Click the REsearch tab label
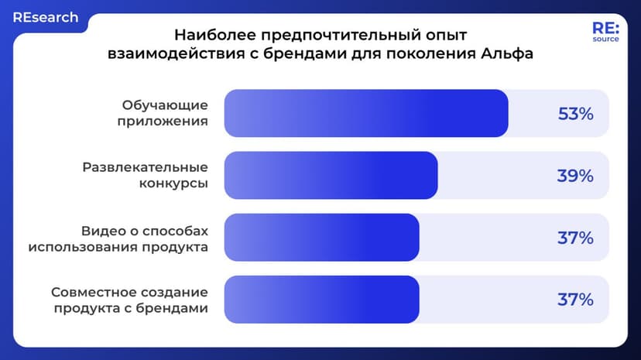[45, 17]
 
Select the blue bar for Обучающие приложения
[365, 114]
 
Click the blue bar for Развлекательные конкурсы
[331, 176]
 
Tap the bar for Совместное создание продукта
[321, 300]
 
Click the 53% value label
[575, 114]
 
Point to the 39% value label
[575, 176]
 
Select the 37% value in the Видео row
[575, 238]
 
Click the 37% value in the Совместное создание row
[575, 300]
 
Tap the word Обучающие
[165, 105]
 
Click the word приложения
[163, 122]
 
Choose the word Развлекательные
[145, 167]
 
